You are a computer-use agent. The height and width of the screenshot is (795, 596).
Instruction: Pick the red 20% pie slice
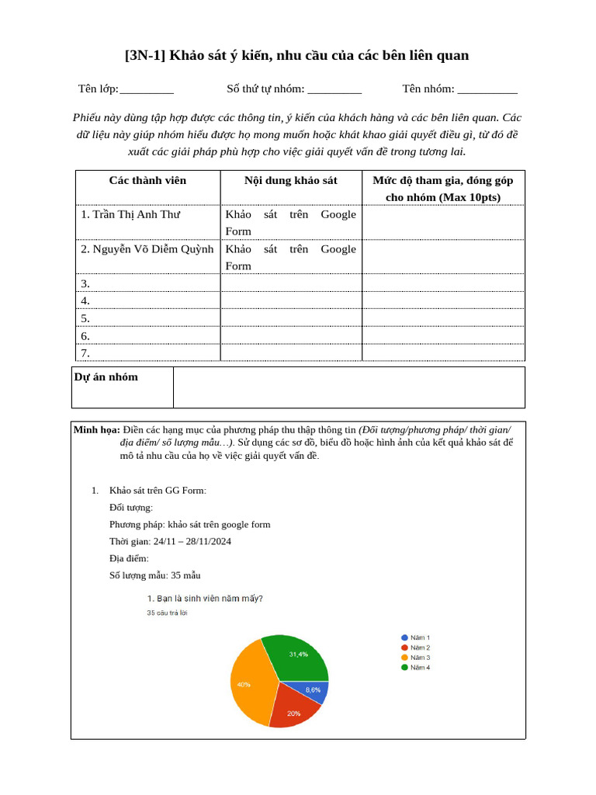(293, 711)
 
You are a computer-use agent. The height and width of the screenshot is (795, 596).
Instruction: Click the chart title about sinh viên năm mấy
(205, 599)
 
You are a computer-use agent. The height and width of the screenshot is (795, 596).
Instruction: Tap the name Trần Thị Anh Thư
(130, 214)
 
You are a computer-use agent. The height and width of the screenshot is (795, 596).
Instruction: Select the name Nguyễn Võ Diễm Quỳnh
(147, 249)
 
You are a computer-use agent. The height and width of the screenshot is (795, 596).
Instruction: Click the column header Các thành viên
(147, 180)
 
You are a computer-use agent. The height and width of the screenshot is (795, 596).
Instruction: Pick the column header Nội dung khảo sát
(291, 180)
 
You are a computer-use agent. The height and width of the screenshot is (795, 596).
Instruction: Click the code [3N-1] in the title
(145, 56)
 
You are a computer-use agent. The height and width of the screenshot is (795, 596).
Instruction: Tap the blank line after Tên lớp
(147, 90)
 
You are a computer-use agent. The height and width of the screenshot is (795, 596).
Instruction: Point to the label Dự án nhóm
(106, 377)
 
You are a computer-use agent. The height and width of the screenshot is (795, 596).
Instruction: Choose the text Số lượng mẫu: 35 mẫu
(155, 575)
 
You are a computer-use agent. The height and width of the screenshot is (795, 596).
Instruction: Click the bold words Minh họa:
(96, 429)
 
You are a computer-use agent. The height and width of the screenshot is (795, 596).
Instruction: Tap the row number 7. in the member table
(85, 353)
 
